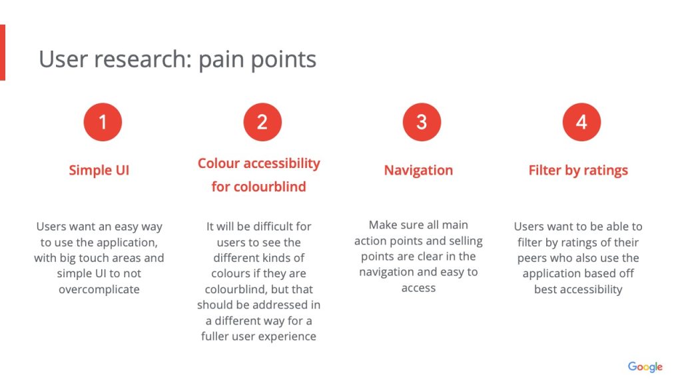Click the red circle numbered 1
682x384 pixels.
pos(103,122)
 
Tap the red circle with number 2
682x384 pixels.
pos(262,122)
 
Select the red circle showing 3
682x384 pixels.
pos(422,122)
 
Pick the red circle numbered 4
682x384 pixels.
pos(581,122)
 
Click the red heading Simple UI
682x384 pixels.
pos(99,170)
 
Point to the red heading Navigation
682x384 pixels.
pos(418,170)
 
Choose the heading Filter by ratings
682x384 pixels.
pos(578,170)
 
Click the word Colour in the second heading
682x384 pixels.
pos(218,163)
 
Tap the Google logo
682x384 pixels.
pos(645,367)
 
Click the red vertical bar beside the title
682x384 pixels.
pos(3,53)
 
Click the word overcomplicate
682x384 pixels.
pos(99,289)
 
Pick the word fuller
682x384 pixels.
pos(214,337)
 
